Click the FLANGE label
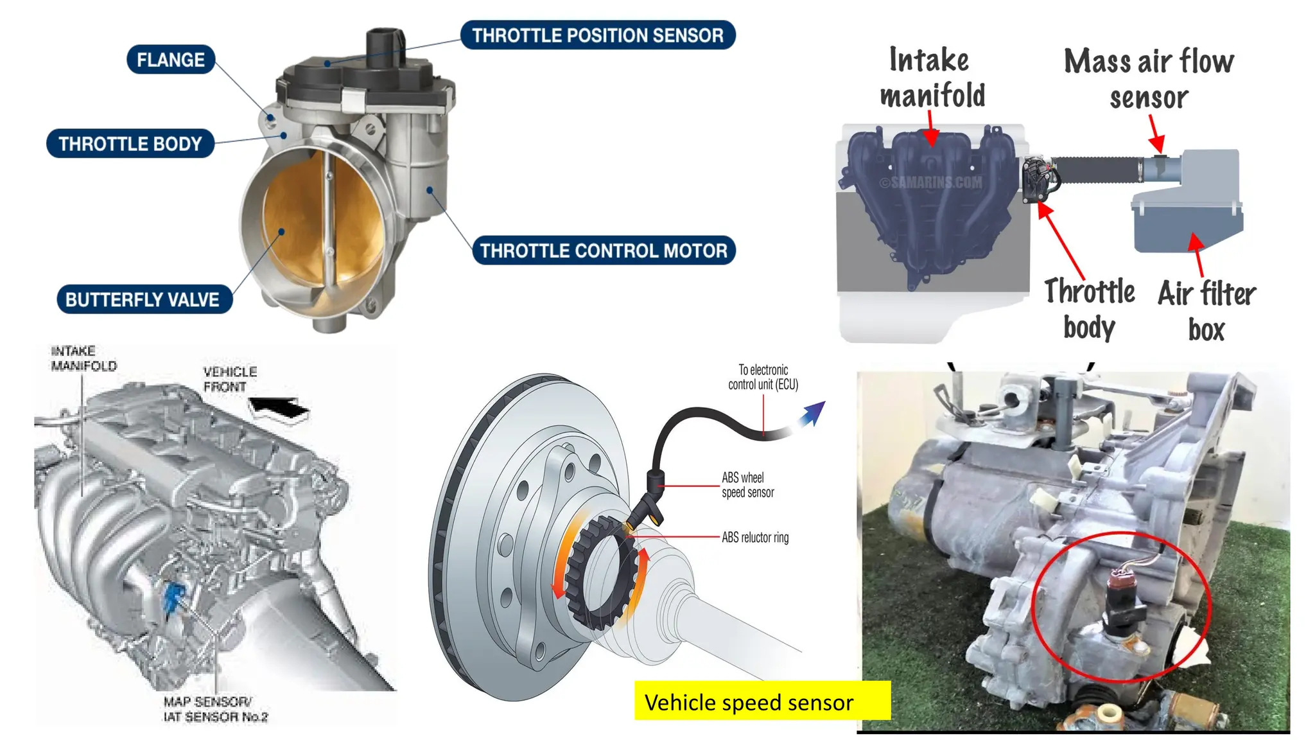pos(170,60)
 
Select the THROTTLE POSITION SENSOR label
pos(598,35)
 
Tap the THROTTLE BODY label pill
pos(130,143)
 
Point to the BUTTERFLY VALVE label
pos(143,299)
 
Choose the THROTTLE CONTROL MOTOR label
pos(604,251)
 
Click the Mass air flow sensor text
pos(1149,78)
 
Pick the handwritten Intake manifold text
pos(932,78)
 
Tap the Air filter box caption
pos(1206,311)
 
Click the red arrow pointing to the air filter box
pos(1197,253)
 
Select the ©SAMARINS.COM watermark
pos(930,183)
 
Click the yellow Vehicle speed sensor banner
pos(762,701)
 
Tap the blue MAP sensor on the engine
pos(173,598)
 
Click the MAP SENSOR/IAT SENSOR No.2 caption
pos(215,709)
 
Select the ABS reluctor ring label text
pos(755,537)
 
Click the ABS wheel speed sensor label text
pos(748,485)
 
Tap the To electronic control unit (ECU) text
pos(763,377)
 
